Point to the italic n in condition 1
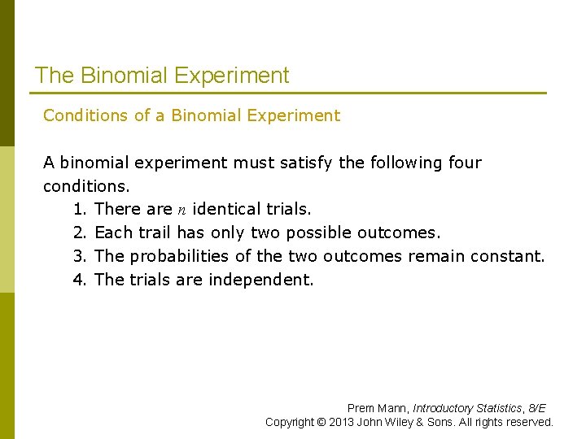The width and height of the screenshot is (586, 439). (x=182, y=210)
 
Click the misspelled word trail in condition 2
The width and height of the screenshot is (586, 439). (x=155, y=233)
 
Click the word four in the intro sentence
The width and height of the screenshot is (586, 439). (x=465, y=163)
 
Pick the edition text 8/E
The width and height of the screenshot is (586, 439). (x=537, y=408)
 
